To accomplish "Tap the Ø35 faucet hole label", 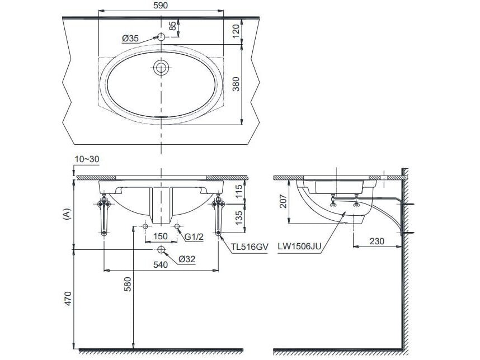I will (x=130, y=38).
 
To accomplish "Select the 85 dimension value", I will (x=173, y=25).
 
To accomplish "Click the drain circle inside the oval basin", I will (x=161, y=68).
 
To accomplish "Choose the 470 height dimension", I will (x=67, y=301).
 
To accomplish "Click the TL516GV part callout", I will (x=247, y=245).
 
